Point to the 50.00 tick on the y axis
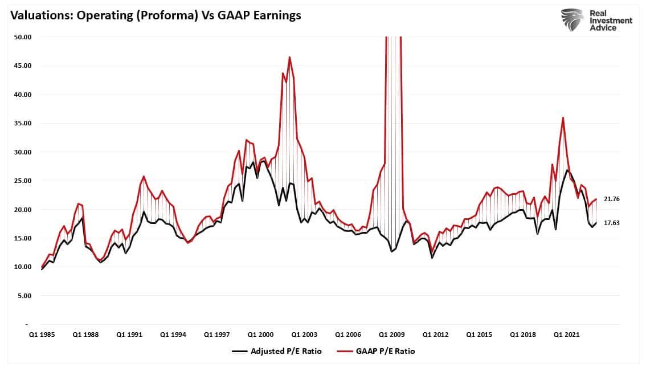coord(22,37)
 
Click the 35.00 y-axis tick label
coord(22,123)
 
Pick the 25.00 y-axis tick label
coord(22,181)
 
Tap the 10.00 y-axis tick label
coord(22,267)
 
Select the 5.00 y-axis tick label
coord(24,296)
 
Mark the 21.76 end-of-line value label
coord(612,199)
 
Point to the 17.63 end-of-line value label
coord(612,223)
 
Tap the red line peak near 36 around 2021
coord(563,117)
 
